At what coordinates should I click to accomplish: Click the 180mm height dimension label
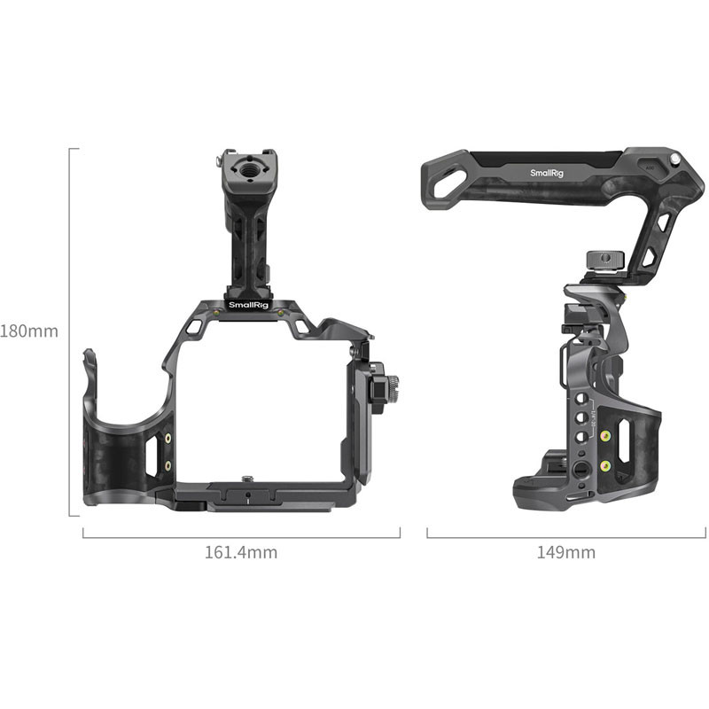pyautogui.click(x=29, y=331)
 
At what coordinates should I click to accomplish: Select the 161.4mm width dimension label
pyautogui.click(x=241, y=552)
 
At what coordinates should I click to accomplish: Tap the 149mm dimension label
pyautogui.click(x=566, y=552)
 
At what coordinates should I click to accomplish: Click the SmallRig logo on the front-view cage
pyautogui.click(x=248, y=305)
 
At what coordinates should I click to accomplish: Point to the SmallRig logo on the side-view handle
pyautogui.click(x=547, y=174)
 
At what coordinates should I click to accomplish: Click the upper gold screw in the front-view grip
pyautogui.click(x=168, y=439)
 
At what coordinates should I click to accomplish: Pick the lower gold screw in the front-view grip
pyautogui.click(x=168, y=463)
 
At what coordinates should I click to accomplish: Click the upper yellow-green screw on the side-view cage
pyautogui.click(x=605, y=435)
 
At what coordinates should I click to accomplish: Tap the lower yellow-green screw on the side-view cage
pyautogui.click(x=605, y=464)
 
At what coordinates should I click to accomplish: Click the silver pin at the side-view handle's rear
pyautogui.click(x=674, y=159)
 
